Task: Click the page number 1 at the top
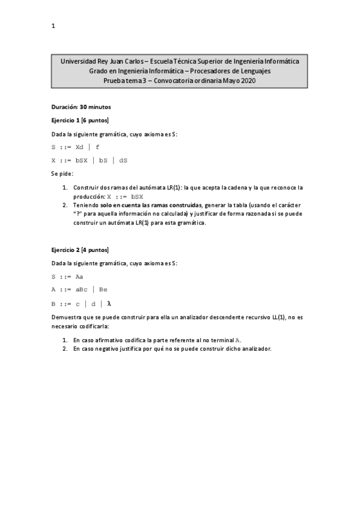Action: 53,26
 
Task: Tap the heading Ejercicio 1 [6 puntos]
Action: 80,120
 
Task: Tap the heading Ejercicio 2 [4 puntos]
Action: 80,250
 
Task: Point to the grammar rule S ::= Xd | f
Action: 76,147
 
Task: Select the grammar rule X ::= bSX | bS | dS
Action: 89,161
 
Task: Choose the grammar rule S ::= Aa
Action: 67,277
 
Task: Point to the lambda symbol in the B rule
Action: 109,303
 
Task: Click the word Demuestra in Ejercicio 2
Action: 67,316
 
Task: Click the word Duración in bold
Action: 64,107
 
